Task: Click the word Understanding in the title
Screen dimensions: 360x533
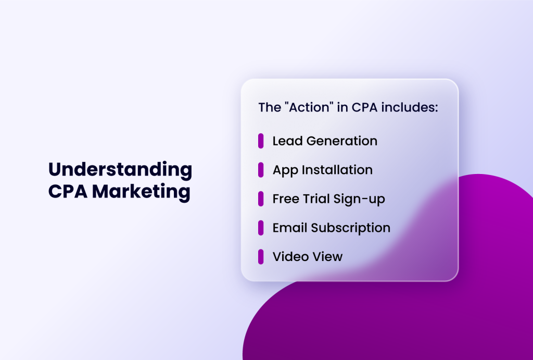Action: coord(120,170)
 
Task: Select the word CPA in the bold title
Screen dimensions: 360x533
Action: coord(68,192)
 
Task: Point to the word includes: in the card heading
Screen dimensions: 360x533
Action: coord(410,108)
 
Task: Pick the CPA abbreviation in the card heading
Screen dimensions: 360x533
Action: coord(363,108)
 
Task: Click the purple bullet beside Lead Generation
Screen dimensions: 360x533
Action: coord(261,141)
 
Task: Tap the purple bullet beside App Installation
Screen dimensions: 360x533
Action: coord(261,170)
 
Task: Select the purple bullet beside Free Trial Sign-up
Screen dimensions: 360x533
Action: coord(261,198)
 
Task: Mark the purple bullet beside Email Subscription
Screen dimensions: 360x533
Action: coord(261,228)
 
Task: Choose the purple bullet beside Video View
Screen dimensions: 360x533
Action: coord(261,256)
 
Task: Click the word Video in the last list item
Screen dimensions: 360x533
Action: coord(288,256)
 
